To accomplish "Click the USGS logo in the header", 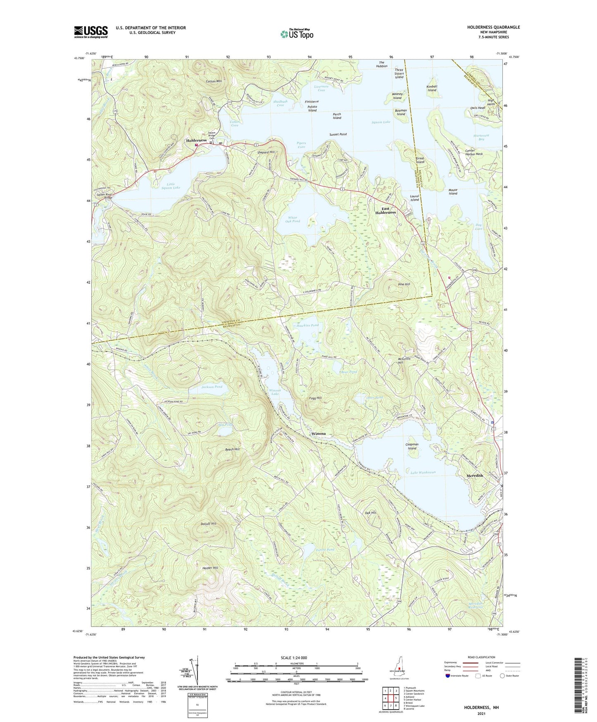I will click(x=90, y=32).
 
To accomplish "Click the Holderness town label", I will click(x=196, y=140).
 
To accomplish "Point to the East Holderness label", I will click(x=385, y=210).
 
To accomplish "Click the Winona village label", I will click(x=319, y=434).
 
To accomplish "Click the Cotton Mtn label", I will click(x=214, y=81).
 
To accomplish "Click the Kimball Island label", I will click(x=432, y=88).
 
